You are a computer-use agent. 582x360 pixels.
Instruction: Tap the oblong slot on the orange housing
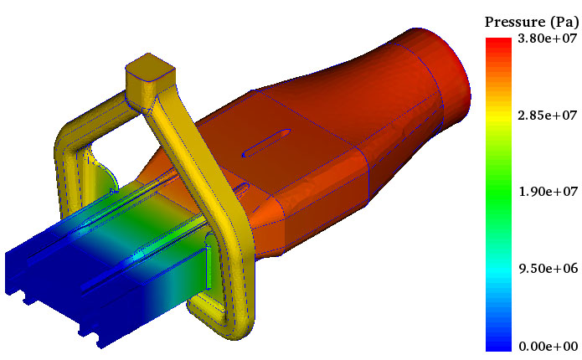point(266,143)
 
